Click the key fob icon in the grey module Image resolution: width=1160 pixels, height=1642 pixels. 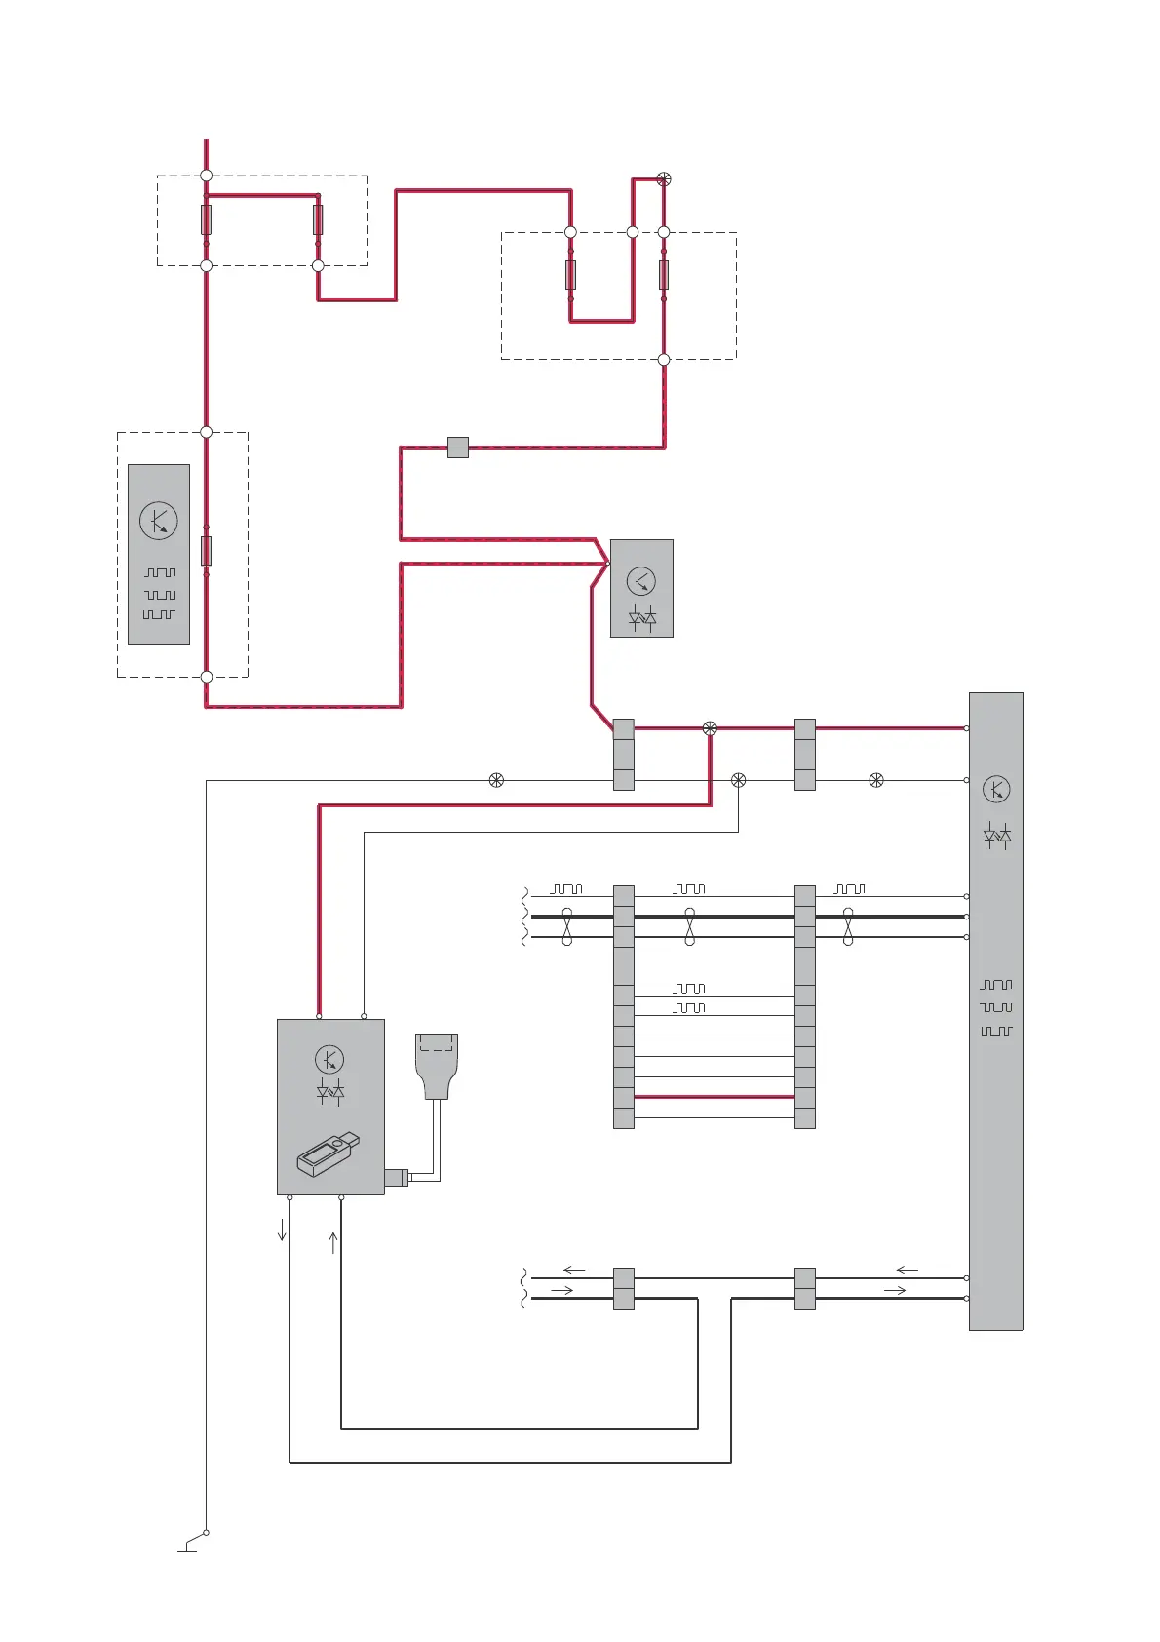[x=328, y=1154]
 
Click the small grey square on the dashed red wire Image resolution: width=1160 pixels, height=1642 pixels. [x=457, y=448]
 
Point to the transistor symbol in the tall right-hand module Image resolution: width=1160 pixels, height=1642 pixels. [x=995, y=789]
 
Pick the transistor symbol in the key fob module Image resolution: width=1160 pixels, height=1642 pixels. [x=329, y=1059]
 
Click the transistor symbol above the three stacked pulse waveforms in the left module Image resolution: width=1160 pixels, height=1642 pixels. [x=158, y=521]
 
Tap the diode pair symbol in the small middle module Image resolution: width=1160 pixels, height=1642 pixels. [x=641, y=618]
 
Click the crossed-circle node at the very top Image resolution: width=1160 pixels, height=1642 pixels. [x=664, y=178]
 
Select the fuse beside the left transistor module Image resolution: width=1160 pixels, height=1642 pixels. [x=206, y=551]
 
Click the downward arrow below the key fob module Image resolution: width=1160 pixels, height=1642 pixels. [x=282, y=1230]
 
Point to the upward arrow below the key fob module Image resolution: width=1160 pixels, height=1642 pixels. [x=333, y=1242]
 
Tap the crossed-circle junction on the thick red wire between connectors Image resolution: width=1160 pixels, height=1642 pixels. [x=710, y=728]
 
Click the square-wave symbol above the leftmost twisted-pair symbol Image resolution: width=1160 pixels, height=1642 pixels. [x=566, y=889]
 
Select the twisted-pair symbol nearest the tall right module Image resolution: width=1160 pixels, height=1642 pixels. [x=848, y=926]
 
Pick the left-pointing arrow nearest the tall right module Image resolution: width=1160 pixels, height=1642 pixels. [x=907, y=1270]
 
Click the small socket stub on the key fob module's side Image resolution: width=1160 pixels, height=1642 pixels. [x=397, y=1177]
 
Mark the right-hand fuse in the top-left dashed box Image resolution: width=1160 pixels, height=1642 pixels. [x=318, y=219]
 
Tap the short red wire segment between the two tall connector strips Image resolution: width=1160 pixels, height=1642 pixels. [x=715, y=1097]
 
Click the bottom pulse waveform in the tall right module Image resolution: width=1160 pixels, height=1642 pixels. [x=996, y=1031]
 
